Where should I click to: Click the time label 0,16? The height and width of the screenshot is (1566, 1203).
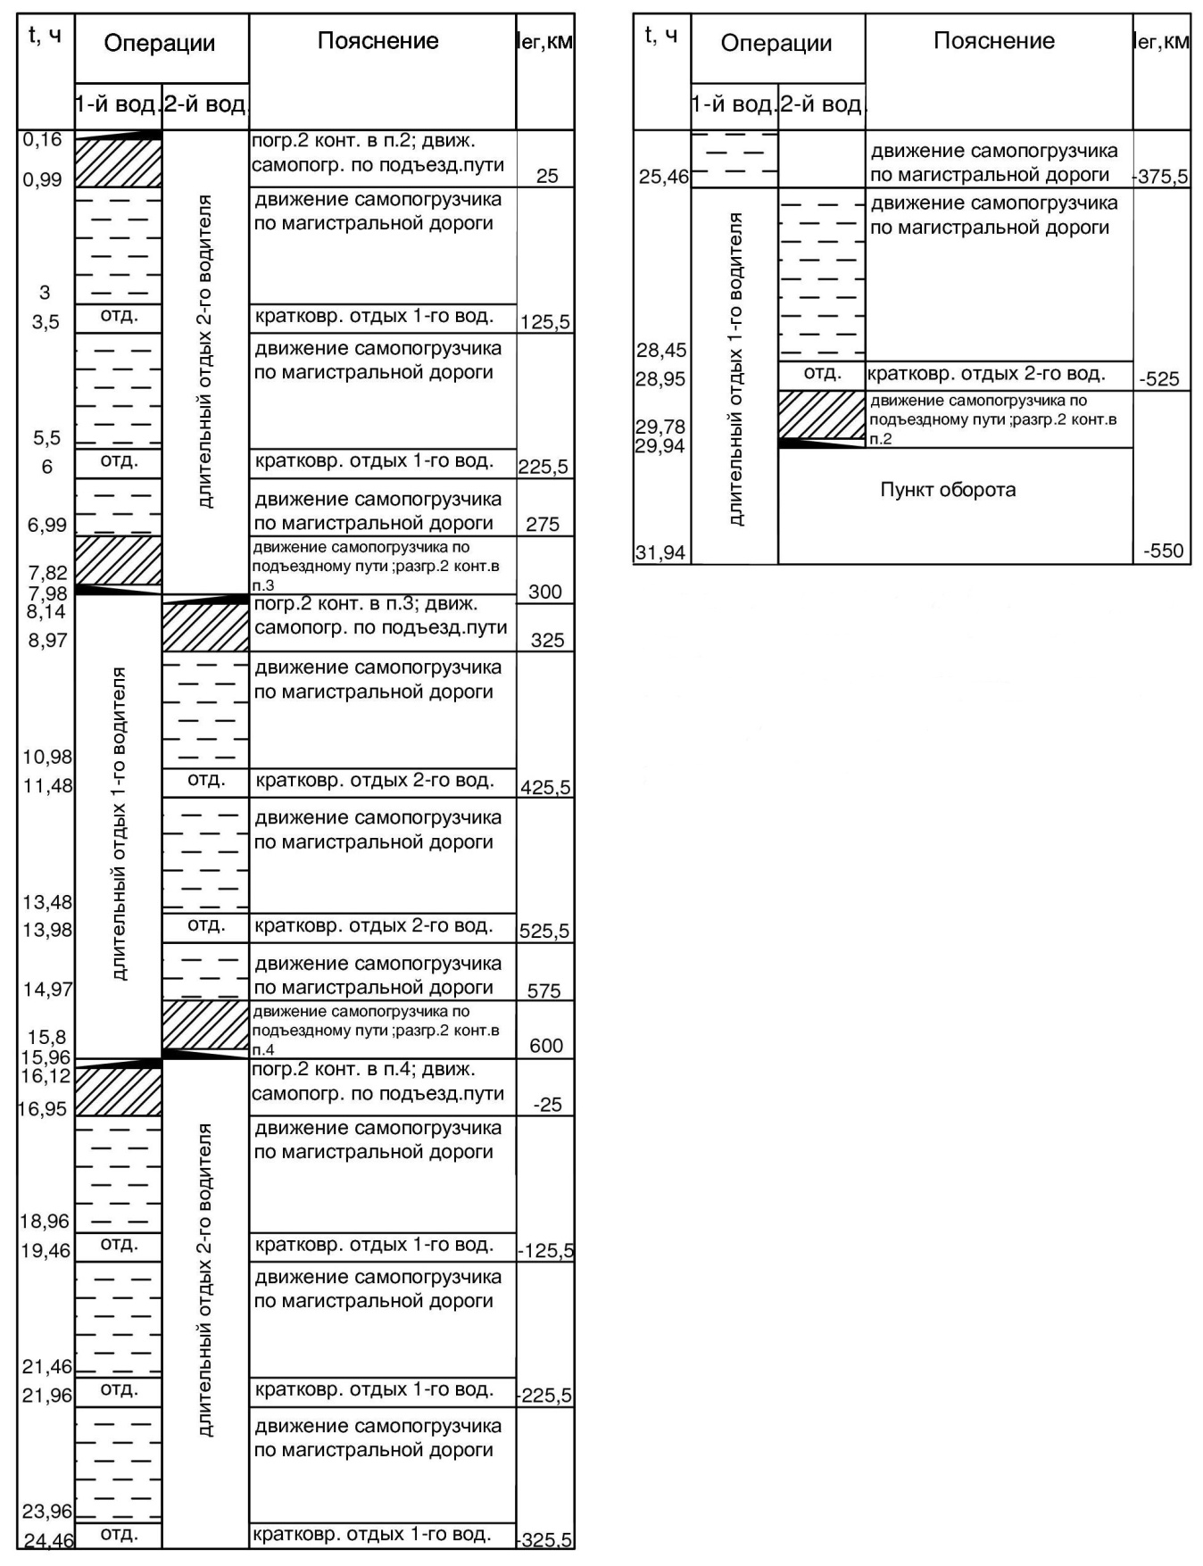pos(43,139)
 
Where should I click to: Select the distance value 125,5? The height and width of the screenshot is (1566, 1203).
pos(545,322)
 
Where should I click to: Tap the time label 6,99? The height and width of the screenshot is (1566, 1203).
pos(46,525)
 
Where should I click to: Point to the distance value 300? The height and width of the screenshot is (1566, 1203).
pos(545,592)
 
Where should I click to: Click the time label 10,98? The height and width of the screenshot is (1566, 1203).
pos(46,757)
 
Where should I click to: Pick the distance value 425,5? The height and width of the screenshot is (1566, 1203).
pos(545,788)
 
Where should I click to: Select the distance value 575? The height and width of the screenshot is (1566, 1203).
pos(543,990)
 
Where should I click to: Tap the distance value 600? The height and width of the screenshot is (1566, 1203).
pos(546,1046)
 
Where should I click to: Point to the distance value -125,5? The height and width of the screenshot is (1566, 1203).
pos(545,1251)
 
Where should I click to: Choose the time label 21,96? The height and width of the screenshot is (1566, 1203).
pos(46,1395)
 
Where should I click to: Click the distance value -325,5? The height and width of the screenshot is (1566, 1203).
pos(545,1539)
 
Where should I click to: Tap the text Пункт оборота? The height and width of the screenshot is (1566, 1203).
pos(948,490)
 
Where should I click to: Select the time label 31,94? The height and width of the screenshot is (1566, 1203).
pos(660,553)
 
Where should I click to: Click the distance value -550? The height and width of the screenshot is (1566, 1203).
pos(1164,551)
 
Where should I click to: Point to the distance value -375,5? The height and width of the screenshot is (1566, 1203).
pos(1161,177)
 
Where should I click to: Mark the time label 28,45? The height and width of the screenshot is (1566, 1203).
pos(660,350)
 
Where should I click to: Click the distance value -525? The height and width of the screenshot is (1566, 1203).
pos(1159,379)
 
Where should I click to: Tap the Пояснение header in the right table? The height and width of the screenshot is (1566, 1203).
pos(994,41)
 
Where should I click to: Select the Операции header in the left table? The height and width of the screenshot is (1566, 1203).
pos(160,43)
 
